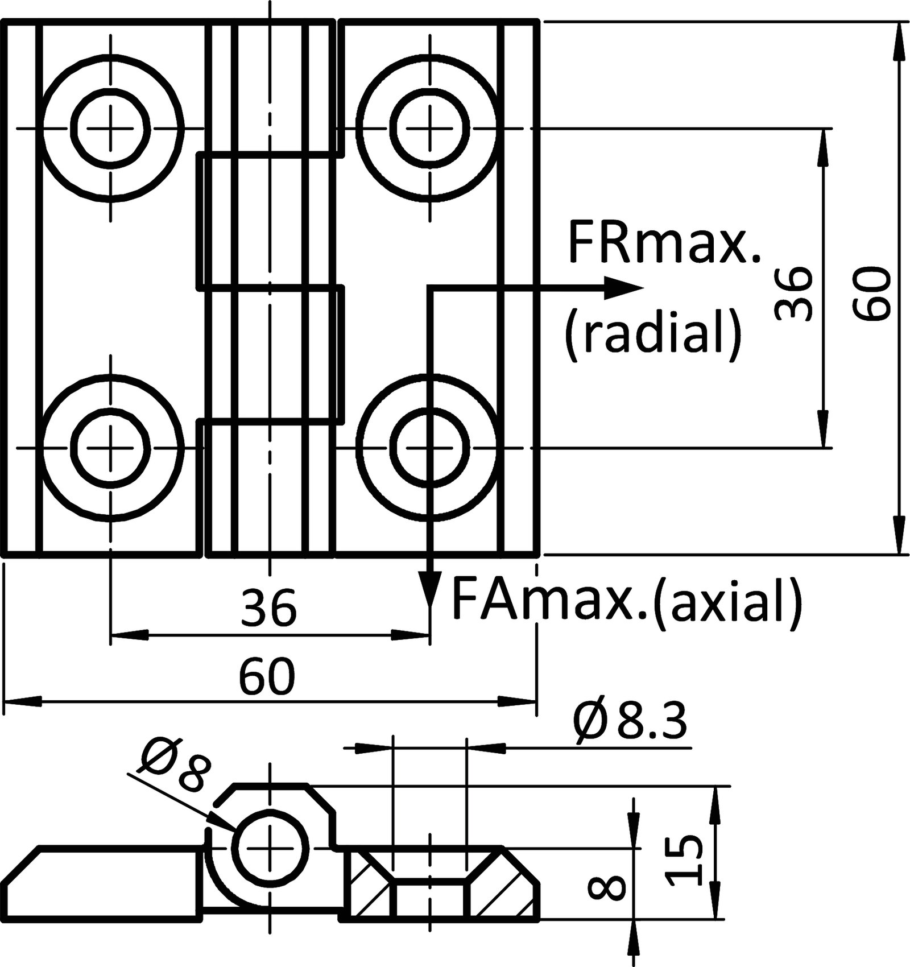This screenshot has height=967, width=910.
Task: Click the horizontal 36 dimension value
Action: [268, 608]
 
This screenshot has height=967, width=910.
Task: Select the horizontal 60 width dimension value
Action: [268, 676]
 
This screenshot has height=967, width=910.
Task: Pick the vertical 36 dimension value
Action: [793, 295]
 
